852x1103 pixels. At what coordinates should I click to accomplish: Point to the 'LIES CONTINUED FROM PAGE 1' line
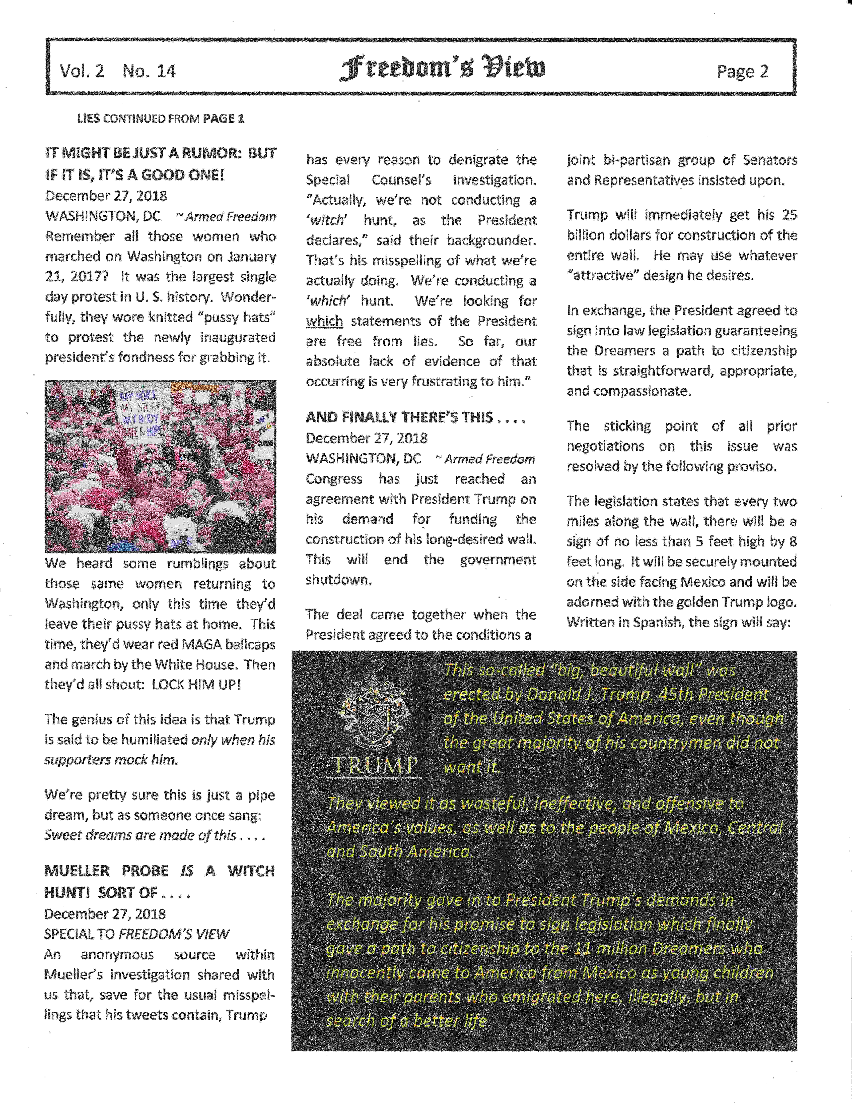[x=161, y=119]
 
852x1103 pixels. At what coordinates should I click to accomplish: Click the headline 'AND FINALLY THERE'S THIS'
[x=415, y=417]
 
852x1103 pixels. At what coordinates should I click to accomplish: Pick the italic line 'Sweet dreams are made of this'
[x=155, y=835]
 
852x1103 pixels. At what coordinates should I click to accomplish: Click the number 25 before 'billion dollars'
[x=788, y=215]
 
